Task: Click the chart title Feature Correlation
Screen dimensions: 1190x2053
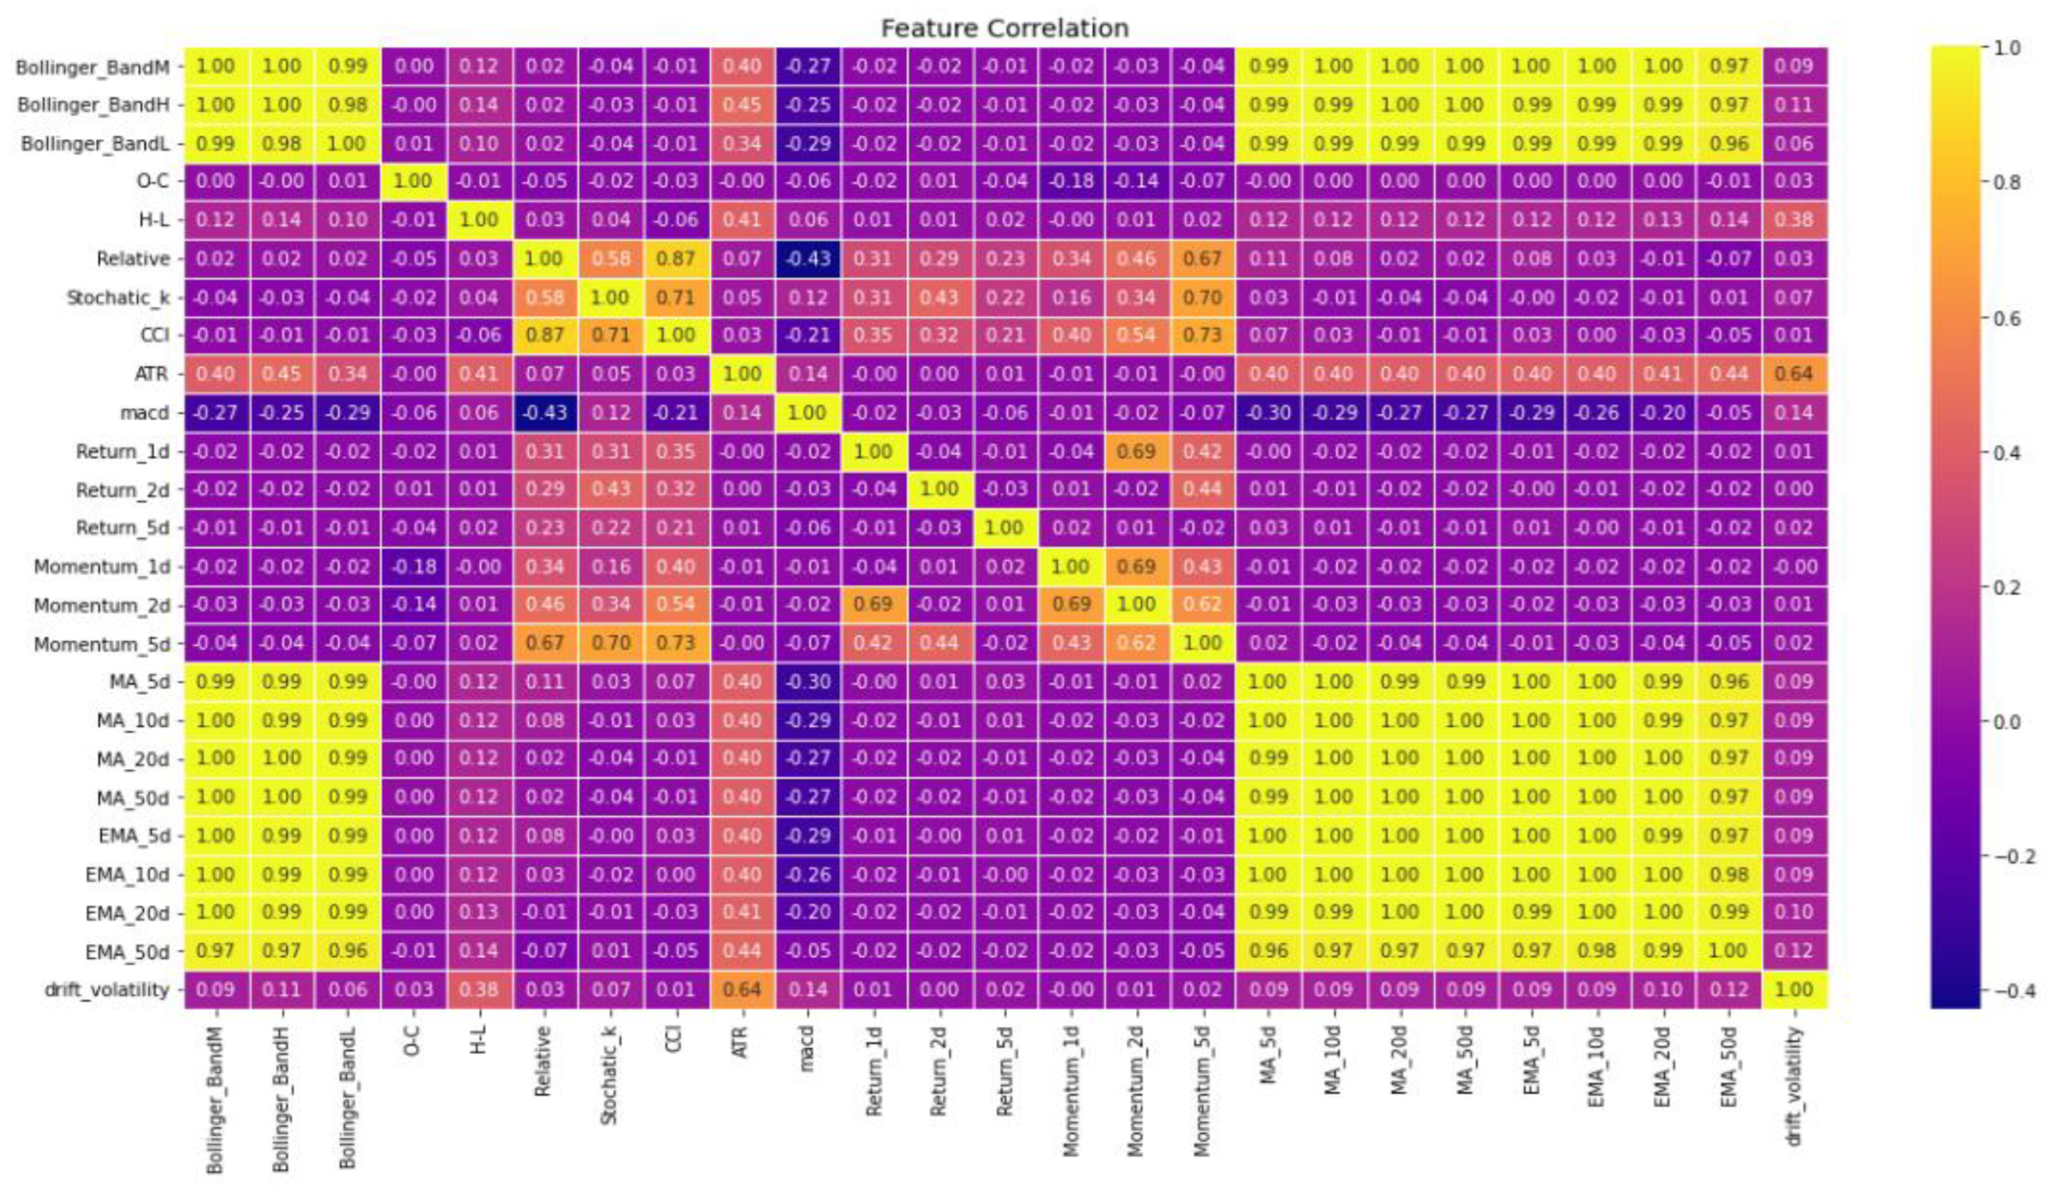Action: coord(1004,29)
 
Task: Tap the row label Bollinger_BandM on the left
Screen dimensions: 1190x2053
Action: coord(92,67)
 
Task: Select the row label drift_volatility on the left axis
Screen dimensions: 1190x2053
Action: coord(106,989)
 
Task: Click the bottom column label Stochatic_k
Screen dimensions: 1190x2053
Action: coord(609,1075)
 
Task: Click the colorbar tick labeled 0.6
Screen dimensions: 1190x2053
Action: coord(2007,318)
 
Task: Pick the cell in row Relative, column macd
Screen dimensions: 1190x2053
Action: coord(807,259)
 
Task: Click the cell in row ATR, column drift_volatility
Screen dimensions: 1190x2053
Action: coord(1793,374)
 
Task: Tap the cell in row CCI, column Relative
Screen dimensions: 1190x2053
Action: coord(544,335)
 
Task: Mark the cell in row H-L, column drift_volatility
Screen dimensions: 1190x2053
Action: coord(1793,219)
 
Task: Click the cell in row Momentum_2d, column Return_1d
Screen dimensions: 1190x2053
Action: coord(872,605)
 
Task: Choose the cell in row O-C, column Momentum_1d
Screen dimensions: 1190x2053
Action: coord(1070,181)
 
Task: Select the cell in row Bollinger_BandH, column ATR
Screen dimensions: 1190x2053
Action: coord(741,105)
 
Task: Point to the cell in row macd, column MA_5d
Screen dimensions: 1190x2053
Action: coord(1267,413)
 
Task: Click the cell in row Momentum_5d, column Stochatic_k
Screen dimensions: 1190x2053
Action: coord(610,643)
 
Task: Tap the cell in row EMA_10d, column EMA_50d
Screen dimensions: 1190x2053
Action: coord(1728,874)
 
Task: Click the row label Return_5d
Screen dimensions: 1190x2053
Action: coord(121,528)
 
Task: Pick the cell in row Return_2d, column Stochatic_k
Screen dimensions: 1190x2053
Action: coord(610,489)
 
